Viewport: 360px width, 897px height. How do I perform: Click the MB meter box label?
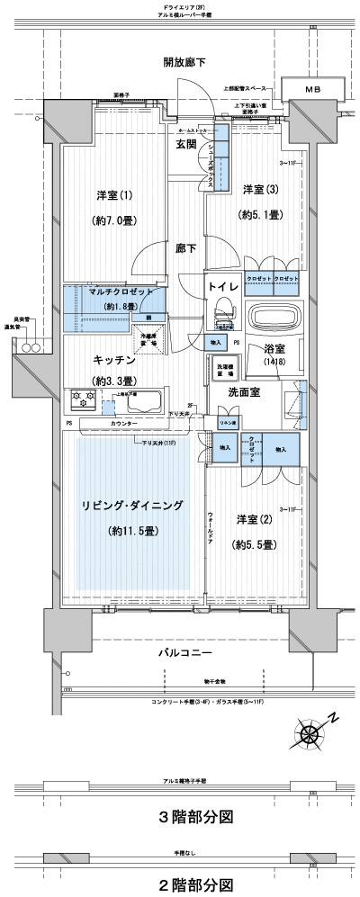pyautogui.click(x=312, y=90)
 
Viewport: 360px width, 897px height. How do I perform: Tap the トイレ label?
pyautogui.click(x=222, y=286)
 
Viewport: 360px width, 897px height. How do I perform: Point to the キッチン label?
pyautogui.click(x=113, y=359)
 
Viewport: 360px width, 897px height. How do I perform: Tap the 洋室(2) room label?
pyautogui.click(x=255, y=521)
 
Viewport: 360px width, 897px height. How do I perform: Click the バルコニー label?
pyautogui.click(x=185, y=650)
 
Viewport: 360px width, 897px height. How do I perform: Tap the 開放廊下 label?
pyautogui.click(x=184, y=62)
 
